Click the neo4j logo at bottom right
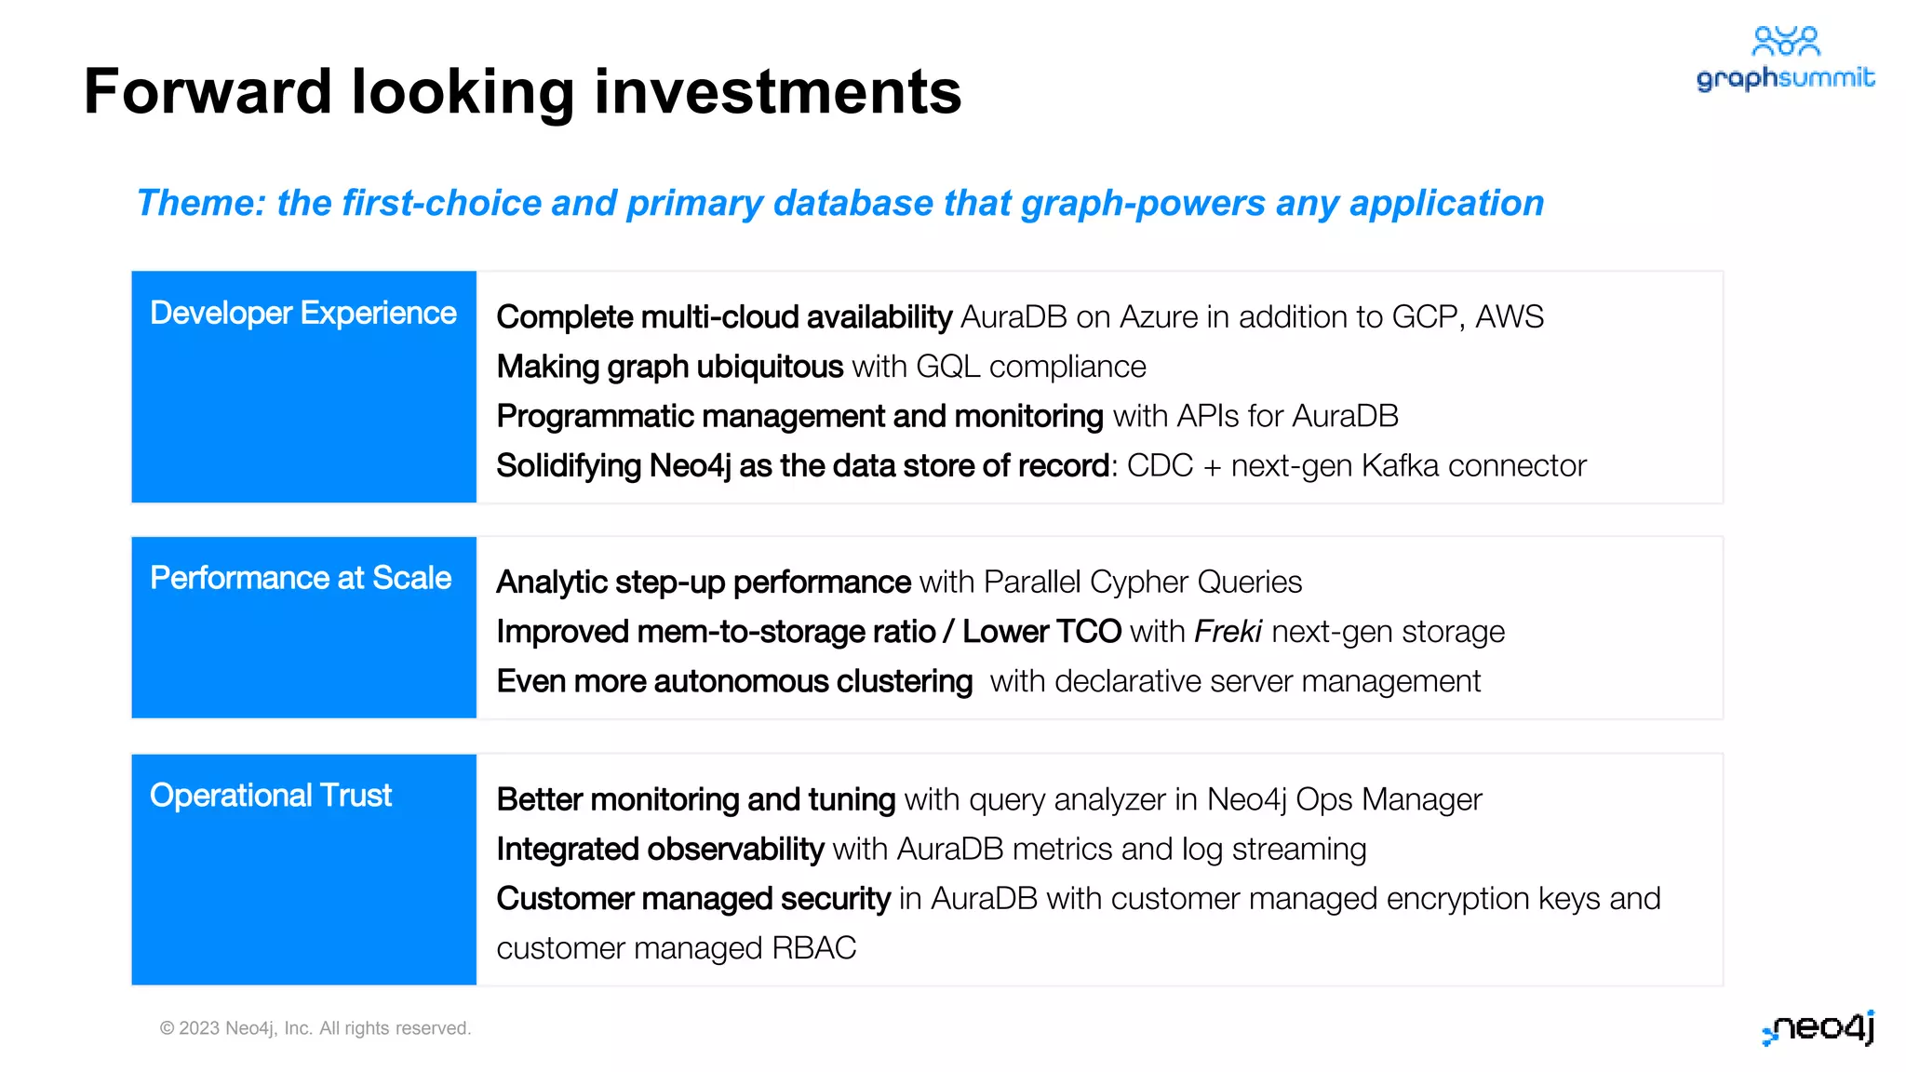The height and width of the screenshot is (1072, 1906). pyautogui.click(x=1819, y=1028)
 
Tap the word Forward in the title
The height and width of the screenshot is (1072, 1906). pyautogui.click(x=208, y=92)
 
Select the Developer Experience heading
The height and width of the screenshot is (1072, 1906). pyautogui.click(x=302, y=314)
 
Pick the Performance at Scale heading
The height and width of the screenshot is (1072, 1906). pyautogui.click(x=300, y=579)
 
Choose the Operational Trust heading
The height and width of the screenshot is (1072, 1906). pyautogui.click(x=270, y=797)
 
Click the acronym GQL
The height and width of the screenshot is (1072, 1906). pyautogui.click(x=947, y=368)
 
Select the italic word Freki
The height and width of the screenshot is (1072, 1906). pyautogui.click(x=1228, y=632)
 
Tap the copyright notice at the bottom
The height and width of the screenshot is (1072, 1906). pyautogui.click(x=315, y=1028)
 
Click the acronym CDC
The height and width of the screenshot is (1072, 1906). pyautogui.click(x=1160, y=466)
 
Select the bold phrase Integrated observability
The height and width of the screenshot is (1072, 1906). pyautogui.click(x=660, y=850)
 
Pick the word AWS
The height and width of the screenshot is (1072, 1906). pyautogui.click(x=1509, y=317)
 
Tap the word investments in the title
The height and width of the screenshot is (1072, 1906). pyautogui.click(x=777, y=92)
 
